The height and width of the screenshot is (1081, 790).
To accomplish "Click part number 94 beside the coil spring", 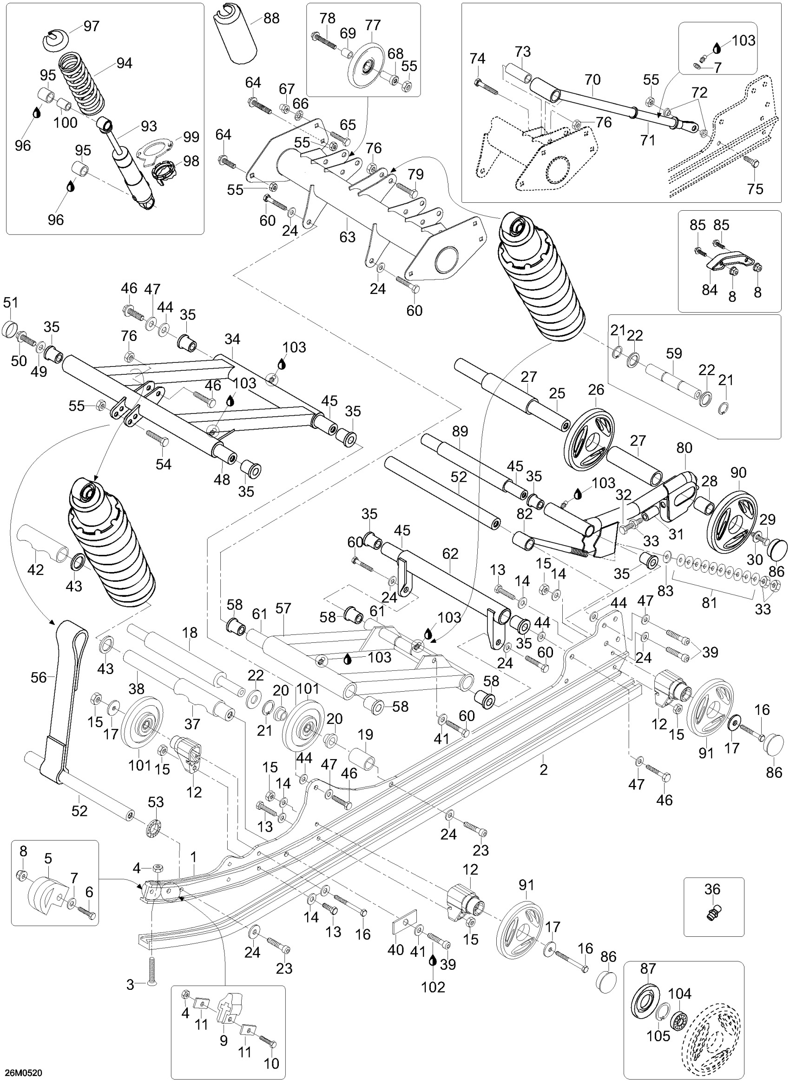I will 124,63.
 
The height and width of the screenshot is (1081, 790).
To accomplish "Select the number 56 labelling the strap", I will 39,677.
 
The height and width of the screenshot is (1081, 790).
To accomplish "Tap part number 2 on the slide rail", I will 543,770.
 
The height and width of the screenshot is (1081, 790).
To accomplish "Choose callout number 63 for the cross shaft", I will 348,236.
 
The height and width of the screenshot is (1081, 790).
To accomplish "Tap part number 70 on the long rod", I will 592,80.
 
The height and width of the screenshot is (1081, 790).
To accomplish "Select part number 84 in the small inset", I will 710,289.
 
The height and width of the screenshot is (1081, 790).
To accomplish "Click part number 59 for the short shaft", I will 674,353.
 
